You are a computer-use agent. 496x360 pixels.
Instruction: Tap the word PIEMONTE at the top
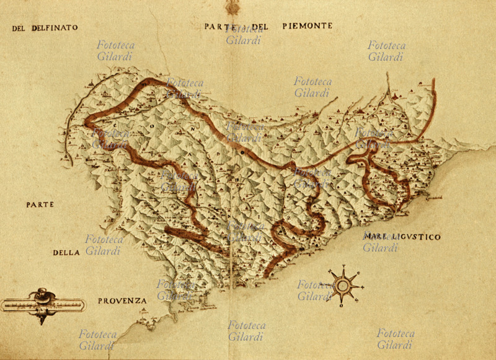[x=308, y=26]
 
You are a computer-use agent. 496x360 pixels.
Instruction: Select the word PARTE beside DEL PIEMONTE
[x=218, y=26]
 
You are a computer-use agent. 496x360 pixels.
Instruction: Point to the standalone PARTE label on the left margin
[x=40, y=204]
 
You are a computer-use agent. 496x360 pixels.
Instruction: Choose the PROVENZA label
[x=122, y=301]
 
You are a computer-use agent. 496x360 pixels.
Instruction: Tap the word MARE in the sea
[x=376, y=237]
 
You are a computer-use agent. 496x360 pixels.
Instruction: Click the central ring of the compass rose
[x=343, y=286]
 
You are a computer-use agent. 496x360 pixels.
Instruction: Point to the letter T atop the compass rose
[x=343, y=267]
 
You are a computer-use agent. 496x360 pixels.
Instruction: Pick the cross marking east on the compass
[x=362, y=286]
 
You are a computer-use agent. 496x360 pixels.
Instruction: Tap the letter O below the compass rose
[x=343, y=305]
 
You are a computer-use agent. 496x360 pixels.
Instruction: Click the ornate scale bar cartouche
[x=43, y=304]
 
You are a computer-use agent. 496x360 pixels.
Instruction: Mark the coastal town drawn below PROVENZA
[x=147, y=322]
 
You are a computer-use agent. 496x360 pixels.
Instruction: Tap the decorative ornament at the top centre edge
[x=233, y=7]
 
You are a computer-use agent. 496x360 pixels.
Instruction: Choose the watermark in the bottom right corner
[x=395, y=338]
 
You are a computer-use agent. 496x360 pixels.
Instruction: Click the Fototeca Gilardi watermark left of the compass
[x=315, y=290]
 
